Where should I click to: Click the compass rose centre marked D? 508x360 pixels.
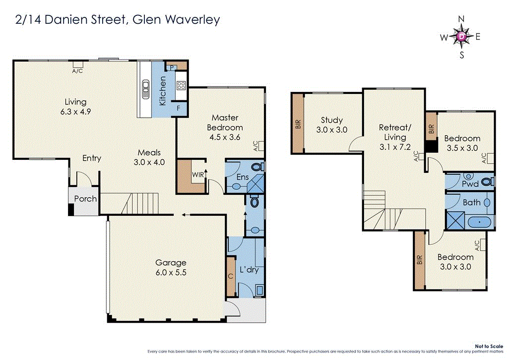tap(462, 36)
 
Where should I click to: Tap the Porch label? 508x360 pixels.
tap(85, 199)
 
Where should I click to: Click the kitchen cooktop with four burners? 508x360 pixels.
tap(181, 85)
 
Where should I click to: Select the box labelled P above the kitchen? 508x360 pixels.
tap(171, 67)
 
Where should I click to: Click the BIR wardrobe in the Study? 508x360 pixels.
tap(298, 123)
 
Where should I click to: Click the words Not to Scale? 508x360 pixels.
tap(489, 346)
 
